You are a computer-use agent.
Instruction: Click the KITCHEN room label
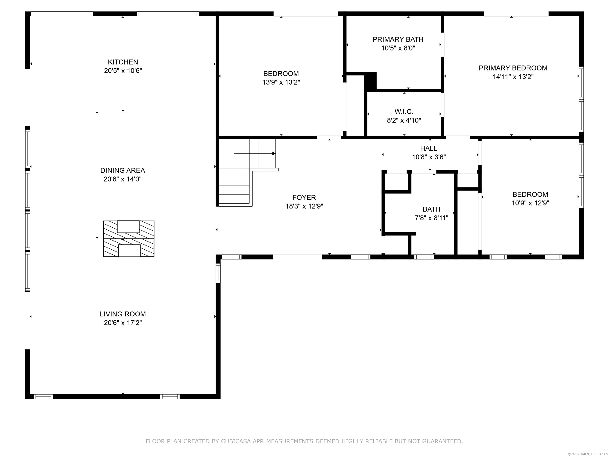(123, 62)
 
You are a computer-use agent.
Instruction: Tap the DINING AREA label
(123, 170)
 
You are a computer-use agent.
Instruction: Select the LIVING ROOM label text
(123, 314)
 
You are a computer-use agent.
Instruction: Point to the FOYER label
(304, 197)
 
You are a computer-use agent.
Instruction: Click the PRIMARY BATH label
(398, 39)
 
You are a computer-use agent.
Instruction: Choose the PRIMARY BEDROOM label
(513, 68)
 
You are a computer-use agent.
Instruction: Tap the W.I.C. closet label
(404, 112)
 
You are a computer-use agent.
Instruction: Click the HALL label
(429, 148)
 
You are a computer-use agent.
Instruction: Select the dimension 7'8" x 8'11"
(431, 218)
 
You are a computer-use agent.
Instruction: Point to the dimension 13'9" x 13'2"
(281, 82)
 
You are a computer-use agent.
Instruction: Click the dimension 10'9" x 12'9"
(530, 203)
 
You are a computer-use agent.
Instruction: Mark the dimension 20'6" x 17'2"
(123, 322)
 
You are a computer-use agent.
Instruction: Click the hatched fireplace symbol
(129, 239)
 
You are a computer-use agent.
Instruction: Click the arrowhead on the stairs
(274, 154)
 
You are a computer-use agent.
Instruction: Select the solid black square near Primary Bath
(370, 80)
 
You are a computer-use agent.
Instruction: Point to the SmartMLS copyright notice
(588, 454)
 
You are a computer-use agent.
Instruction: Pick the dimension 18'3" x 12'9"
(304, 206)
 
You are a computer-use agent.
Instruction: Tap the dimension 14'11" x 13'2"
(513, 77)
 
